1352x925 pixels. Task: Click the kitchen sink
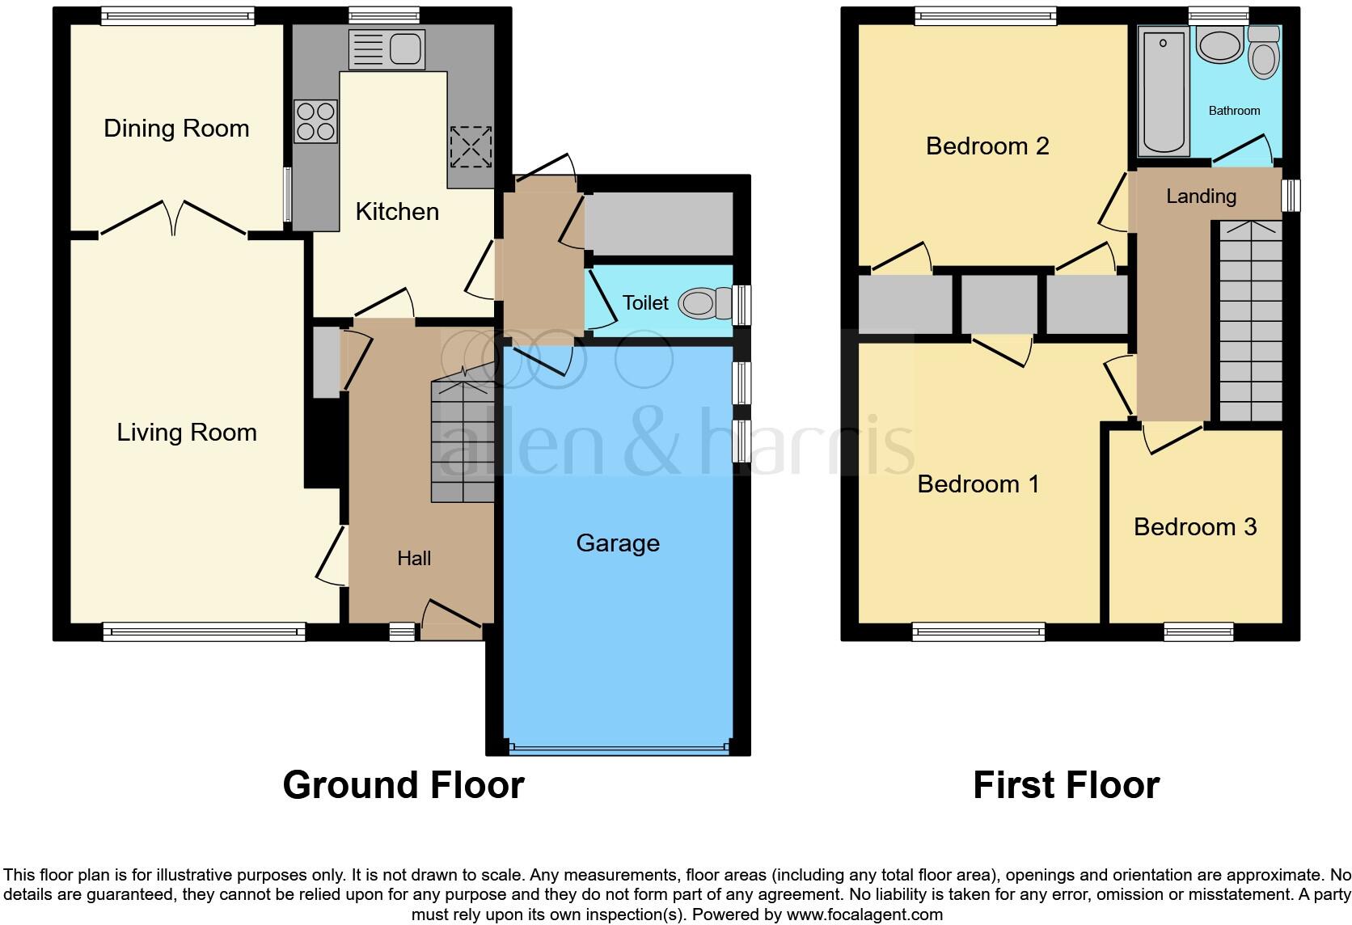click(387, 49)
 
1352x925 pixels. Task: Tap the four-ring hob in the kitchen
click(315, 121)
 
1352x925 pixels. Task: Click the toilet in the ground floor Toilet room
click(699, 304)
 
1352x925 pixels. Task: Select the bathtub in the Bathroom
click(1164, 90)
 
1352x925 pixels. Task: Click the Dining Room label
click(176, 129)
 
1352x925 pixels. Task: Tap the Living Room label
click(187, 433)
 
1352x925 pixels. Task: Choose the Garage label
click(618, 543)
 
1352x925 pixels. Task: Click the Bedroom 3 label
click(1195, 527)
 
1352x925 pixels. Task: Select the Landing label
click(1201, 196)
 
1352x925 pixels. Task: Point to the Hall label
click(414, 558)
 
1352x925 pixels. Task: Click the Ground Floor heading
click(403, 785)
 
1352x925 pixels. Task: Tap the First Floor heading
click(1066, 785)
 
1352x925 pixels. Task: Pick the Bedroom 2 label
click(987, 146)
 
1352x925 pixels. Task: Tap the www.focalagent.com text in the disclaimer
click(864, 914)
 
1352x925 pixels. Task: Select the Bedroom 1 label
click(978, 484)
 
